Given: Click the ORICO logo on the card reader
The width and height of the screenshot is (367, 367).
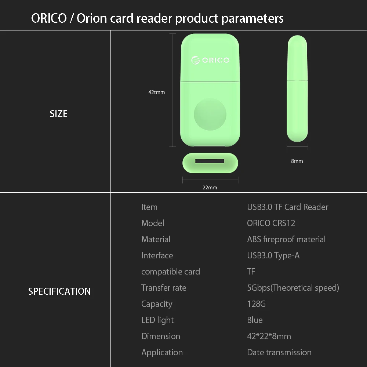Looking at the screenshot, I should pyautogui.click(x=210, y=60).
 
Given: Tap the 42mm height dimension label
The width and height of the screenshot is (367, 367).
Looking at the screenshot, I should pyautogui.click(x=157, y=92).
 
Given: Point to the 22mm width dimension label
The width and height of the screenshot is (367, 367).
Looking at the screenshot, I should pyautogui.click(x=210, y=188).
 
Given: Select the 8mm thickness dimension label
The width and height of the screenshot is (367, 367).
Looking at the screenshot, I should pyautogui.click(x=297, y=161).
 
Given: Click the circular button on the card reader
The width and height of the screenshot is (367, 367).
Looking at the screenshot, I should pyautogui.click(x=210, y=114).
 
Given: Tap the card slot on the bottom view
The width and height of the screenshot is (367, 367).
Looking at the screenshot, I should pyautogui.click(x=210, y=161).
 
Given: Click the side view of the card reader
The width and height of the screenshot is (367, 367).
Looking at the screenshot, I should pyautogui.click(x=297, y=88).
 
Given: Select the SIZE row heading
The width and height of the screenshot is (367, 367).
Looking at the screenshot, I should pyautogui.click(x=59, y=114).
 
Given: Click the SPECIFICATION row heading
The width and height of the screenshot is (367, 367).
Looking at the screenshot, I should pyautogui.click(x=59, y=291).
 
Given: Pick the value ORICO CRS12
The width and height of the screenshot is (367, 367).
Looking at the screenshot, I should pyautogui.click(x=271, y=223).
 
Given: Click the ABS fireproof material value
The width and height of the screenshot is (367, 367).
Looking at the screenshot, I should pyautogui.click(x=286, y=239).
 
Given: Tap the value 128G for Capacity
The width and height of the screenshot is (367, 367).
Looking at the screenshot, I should pyautogui.click(x=257, y=304).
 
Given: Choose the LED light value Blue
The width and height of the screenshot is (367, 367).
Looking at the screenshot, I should pyautogui.click(x=255, y=320).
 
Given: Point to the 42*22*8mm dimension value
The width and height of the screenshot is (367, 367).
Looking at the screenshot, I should pyautogui.click(x=269, y=336).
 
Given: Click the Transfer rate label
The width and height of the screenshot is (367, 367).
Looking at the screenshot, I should pyautogui.click(x=164, y=288).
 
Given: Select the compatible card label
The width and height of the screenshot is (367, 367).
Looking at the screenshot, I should pyautogui.click(x=171, y=272).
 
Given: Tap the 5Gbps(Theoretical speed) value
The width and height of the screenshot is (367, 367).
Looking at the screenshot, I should pyautogui.click(x=293, y=288).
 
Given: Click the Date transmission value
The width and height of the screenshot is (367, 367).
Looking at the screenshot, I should pyautogui.click(x=279, y=352).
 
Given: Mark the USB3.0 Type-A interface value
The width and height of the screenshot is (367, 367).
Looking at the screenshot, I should pyautogui.click(x=273, y=255).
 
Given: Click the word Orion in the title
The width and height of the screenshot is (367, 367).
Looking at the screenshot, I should pyautogui.click(x=92, y=18).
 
